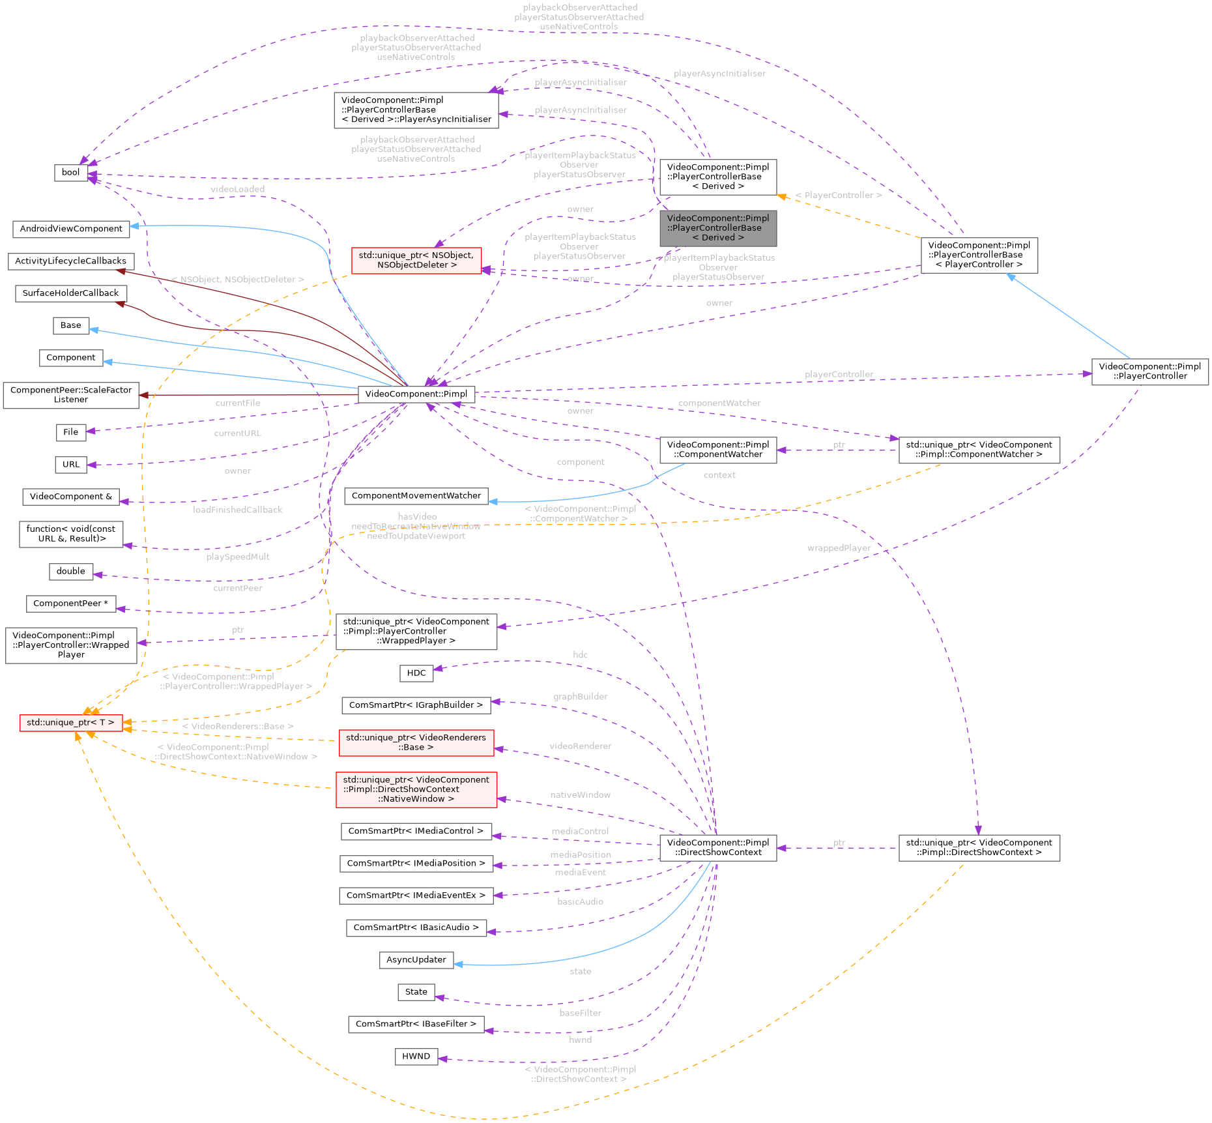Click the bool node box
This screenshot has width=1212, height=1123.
pos(70,173)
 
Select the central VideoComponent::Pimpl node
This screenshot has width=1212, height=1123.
pos(416,394)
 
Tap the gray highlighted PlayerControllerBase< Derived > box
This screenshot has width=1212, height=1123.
pos(717,228)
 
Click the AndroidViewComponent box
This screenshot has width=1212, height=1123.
pos(70,229)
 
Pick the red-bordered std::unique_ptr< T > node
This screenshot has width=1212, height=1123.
pos(70,723)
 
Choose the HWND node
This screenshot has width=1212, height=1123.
pos(416,1057)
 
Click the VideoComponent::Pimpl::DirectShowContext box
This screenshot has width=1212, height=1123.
pos(717,847)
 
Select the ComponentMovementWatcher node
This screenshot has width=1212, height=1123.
pos(416,496)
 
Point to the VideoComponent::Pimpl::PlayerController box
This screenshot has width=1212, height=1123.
pos(1149,372)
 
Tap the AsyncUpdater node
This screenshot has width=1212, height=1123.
pos(416,959)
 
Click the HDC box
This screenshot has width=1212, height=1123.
pos(416,673)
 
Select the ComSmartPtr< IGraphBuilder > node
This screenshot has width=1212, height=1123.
pos(416,705)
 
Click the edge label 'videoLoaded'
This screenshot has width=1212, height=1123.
pos(237,189)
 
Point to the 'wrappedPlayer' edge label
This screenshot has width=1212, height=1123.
pos(839,548)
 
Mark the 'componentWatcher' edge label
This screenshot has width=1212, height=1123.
pos(719,403)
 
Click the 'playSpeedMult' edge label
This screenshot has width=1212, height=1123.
pos(237,557)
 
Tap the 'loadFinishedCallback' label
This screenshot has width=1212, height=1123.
pos(237,510)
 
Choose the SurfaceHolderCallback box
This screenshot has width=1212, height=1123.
pos(70,293)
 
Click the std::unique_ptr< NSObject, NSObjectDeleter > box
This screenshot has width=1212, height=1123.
pos(416,260)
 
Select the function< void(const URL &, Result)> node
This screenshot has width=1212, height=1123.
pos(70,534)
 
